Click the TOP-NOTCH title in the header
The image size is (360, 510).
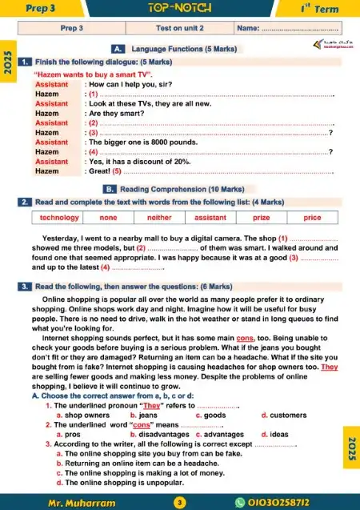click(x=180, y=8)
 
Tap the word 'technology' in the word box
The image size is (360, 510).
click(x=59, y=218)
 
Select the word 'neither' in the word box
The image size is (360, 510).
click(x=160, y=218)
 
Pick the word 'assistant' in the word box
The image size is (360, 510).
click(x=210, y=218)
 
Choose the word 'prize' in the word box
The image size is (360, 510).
click(x=261, y=218)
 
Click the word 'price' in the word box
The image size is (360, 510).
click(x=312, y=218)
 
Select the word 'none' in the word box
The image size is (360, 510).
click(x=110, y=218)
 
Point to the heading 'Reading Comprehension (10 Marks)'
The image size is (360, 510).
click(x=190, y=189)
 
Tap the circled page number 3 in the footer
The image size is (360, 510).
click(x=180, y=502)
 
